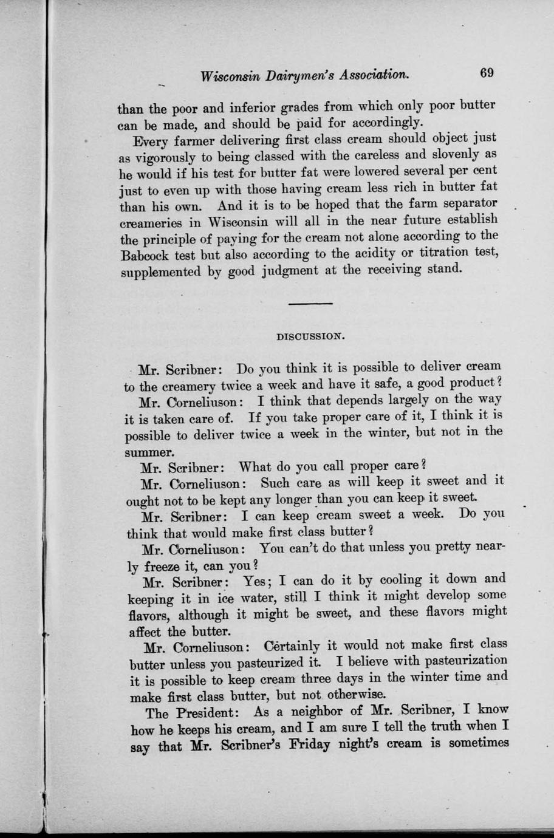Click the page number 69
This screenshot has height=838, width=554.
pyautogui.click(x=487, y=73)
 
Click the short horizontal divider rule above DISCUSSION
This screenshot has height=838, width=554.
pyautogui.click(x=310, y=303)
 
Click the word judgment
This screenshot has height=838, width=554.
pyautogui.click(x=286, y=270)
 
